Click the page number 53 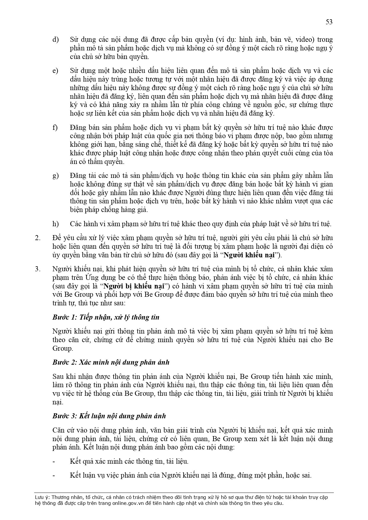click(329, 22)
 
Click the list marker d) click(55, 39)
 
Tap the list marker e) click(55, 71)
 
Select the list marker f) click(55, 127)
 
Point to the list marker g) click(55, 176)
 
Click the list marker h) click(55, 224)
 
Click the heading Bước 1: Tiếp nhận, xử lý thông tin click(106, 317)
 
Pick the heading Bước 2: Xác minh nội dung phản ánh click(111, 362)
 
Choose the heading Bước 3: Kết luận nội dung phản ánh click(109, 416)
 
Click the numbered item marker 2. click(37, 238)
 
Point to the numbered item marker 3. click(37, 269)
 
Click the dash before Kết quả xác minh click(53, 462)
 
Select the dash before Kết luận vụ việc click(53, 476)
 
